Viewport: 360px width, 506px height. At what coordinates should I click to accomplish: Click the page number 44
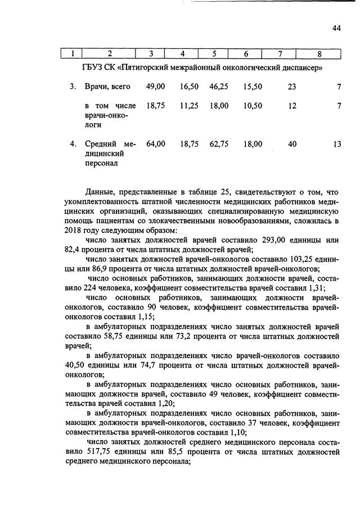point(336,29)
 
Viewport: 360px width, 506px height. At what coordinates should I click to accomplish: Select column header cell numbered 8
point(319,54)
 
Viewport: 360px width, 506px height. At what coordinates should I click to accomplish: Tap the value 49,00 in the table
point(155,87)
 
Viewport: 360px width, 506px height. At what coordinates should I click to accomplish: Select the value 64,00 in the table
point(155,144)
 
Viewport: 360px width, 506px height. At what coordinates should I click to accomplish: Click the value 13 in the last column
point(337,144)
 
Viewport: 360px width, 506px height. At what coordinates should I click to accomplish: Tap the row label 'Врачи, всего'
point(107,87)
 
